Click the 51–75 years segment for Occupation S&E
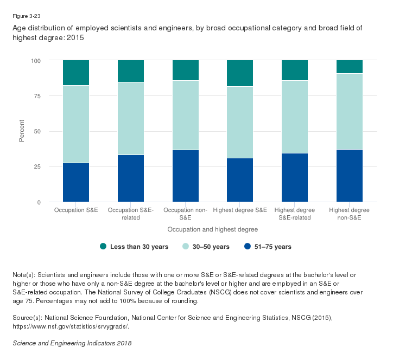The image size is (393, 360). click(x=76, y=182)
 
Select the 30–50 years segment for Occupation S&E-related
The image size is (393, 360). click(x=131, y=118)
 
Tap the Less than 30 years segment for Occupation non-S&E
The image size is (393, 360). click(x=185, y=70)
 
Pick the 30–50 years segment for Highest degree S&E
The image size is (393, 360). click(x=240, y=122)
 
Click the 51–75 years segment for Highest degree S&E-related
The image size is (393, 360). click(x=295, y=177)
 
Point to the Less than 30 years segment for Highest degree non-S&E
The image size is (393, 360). click(x=350, y=67)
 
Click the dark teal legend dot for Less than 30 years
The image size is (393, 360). click(x=103, y=247)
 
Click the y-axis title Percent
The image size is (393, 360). click(x=22, y=131)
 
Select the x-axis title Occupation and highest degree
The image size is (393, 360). click(x=212, y=229)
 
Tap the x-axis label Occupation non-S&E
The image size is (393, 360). click(x=185, y=213)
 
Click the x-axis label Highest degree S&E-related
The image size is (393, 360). click(x=295, y=213)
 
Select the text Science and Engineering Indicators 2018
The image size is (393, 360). click(x=72, y=343)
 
